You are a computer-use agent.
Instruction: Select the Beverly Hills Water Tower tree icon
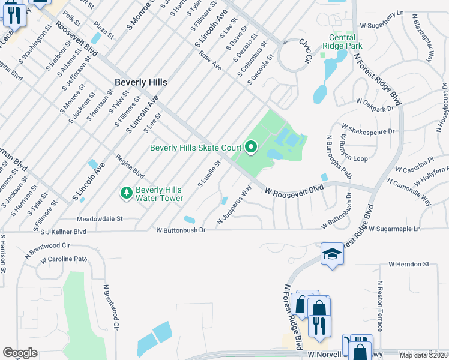coord(126,193)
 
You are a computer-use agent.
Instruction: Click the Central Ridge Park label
coord(342,41)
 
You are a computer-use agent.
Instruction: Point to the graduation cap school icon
coord(331,255)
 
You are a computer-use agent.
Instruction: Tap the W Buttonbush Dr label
coord(181,230)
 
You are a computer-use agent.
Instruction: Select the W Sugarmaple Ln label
coord(395,229)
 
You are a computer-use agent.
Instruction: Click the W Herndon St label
coord(409,263)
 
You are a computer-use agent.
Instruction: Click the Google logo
coord(20,353)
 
